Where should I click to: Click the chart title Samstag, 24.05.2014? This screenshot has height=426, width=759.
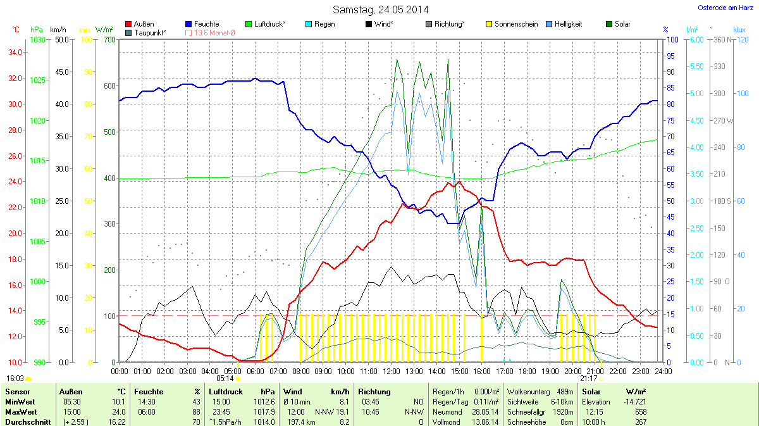coord(380,9)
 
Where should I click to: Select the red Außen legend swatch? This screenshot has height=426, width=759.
coord(129,24)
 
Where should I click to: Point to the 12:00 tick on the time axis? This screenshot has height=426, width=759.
coord(392,371)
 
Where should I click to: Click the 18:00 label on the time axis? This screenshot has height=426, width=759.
coord(528,371)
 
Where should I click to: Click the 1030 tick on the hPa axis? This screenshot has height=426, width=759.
coord(38,40)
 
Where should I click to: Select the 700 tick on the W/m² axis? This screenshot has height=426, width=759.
coord(109,40)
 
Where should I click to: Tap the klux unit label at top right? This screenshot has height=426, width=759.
coord(739,30)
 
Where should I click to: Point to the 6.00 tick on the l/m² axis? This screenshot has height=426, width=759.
coord(695,40)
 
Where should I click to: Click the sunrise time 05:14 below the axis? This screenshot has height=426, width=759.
coord(225,379)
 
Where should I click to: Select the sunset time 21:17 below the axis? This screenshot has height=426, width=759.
coord(588,379)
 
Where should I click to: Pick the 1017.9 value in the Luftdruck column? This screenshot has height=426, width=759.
coord(264,411)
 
